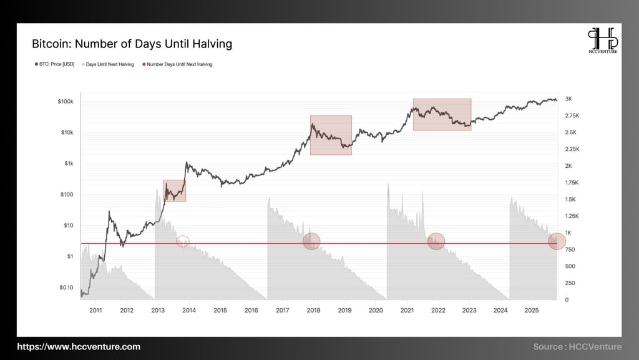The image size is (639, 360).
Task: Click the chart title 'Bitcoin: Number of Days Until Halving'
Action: (x=132, y=44)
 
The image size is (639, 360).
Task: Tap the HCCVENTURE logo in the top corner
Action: (x=603, y=41)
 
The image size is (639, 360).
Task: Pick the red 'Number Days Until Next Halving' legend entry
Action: (x=177, y=64)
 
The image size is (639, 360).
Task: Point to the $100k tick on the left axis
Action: (x=65, y=102)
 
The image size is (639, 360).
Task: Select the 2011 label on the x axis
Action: (x=95, y=309)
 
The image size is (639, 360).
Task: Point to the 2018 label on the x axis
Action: (x=313, y=309)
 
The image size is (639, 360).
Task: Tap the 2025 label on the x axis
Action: (x=532, y=309)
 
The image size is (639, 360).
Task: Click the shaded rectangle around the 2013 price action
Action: (x=174, y=190)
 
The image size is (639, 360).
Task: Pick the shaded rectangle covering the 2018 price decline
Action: (x=331, y=135)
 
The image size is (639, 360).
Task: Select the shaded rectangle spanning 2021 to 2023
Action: (x=442, y=114)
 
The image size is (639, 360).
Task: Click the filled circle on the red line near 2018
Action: (x=311, y=241)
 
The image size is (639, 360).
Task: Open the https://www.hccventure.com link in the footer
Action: (x=79, y=347)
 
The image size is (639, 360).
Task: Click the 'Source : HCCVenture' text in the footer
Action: (x=577, y=347)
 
